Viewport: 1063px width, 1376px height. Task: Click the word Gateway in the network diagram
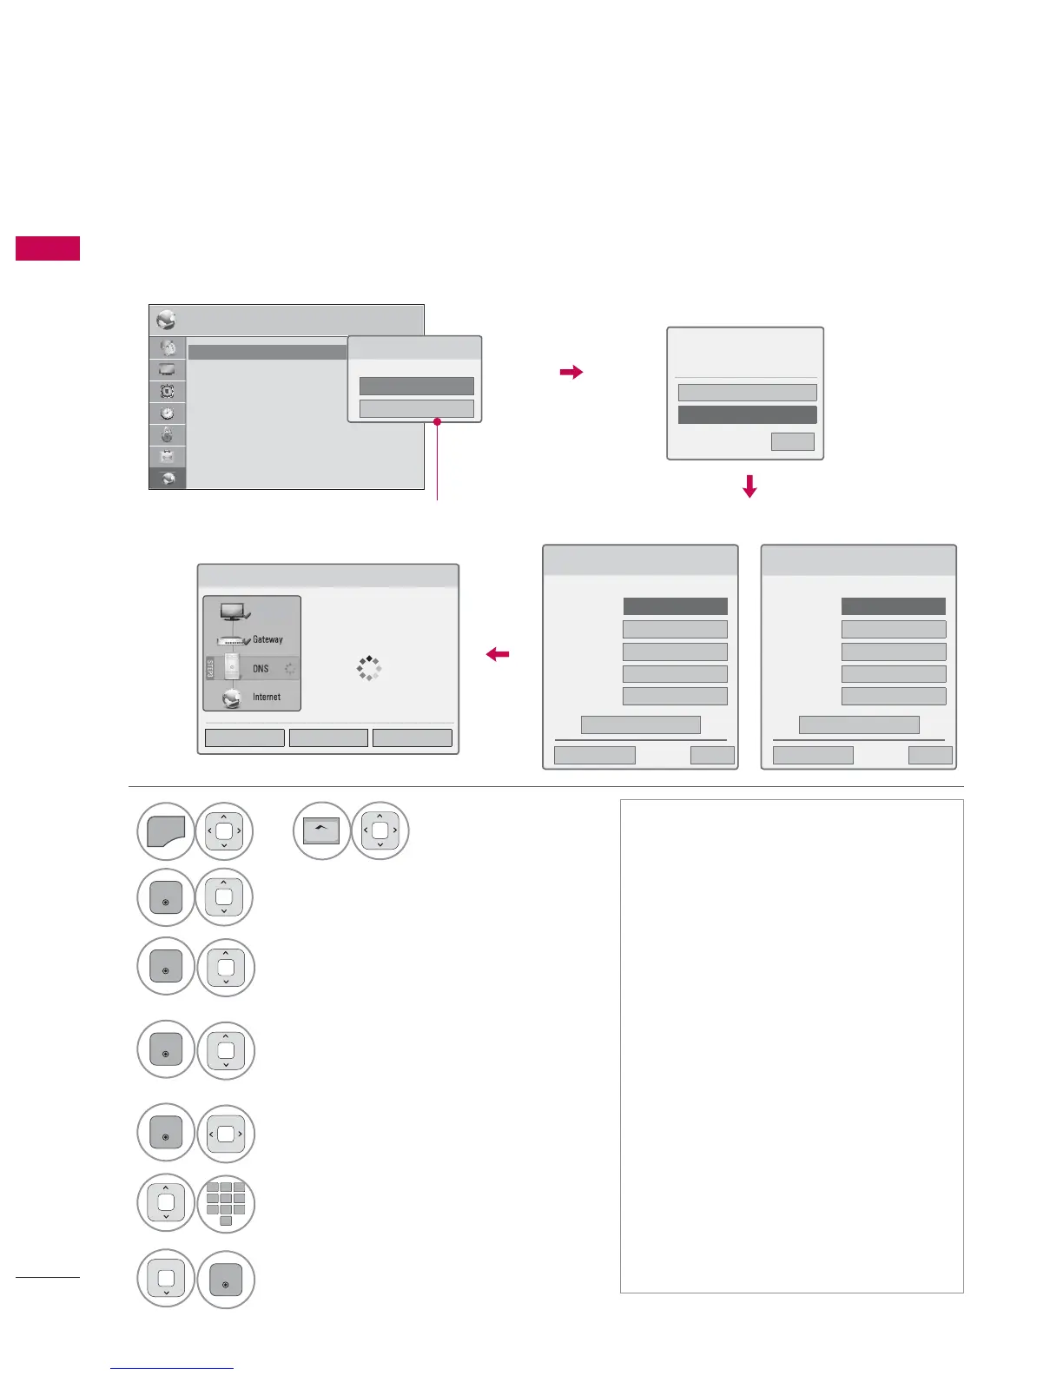pos(267,639)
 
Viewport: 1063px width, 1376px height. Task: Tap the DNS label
pos(261,669)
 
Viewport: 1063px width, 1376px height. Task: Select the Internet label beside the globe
pos(267,697)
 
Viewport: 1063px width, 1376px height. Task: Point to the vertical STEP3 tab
pos(209,669)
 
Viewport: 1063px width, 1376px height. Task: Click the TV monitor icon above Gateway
pos(234,612)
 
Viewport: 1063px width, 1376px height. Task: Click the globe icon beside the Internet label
pos(233,698)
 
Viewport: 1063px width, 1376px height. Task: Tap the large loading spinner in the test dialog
pos(369,668)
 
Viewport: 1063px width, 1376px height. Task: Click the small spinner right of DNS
pos(289,669)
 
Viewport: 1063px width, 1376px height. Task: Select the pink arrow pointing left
pos(498,655)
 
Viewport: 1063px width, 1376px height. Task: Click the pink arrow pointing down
pos(749,486)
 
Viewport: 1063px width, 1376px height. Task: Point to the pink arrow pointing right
pos(571,373)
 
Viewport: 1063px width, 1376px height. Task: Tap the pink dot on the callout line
pos(437,422)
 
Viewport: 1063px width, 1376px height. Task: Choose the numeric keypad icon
pos(226,1204)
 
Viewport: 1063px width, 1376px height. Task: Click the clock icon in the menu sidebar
pos(167,413)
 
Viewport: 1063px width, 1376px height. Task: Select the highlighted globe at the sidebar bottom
pos(167,479)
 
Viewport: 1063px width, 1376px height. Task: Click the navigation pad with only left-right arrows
pos(226,1134)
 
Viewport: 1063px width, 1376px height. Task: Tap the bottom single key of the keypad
pos(226,1221)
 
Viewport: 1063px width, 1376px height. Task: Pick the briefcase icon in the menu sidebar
pos(167,456)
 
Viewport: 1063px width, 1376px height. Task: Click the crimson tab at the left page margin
pos(48,248)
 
